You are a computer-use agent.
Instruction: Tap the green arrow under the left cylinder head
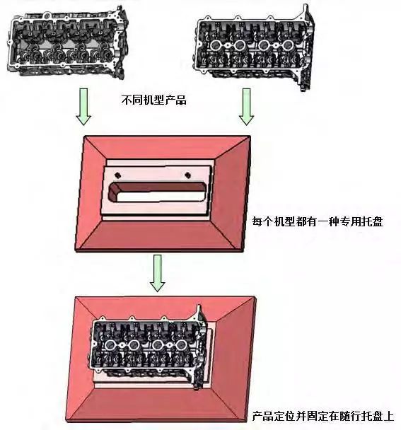[84, 106]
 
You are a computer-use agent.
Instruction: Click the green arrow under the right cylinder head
[247, 106]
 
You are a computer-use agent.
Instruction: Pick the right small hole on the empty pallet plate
[187, 175]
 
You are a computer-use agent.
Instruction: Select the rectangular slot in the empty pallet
[158, 191]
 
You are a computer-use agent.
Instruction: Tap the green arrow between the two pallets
[157, 273]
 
